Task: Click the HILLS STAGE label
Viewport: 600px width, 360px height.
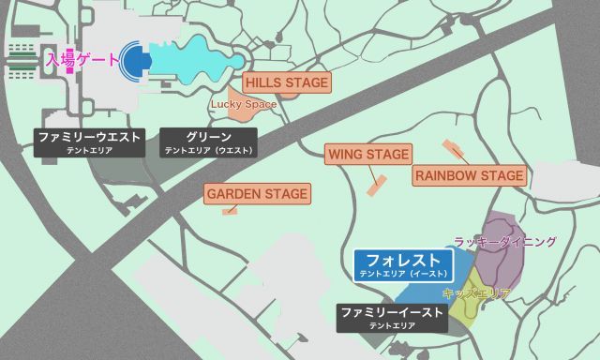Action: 287,83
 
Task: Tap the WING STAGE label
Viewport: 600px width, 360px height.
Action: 368,154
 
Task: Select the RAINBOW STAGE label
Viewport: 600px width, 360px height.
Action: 469,176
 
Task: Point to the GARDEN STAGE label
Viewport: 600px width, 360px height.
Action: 257,195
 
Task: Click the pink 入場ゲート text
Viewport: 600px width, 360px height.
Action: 82,59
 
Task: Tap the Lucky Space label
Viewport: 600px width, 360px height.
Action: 244,104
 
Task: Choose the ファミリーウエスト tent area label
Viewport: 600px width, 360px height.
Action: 90,142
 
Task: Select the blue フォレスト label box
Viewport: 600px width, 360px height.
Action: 403,264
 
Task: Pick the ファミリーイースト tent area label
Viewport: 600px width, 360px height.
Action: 391,317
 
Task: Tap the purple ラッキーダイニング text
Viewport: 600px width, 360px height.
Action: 504,242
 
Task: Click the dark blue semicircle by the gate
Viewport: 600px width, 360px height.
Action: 136,60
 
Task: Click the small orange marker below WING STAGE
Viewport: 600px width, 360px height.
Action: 377,185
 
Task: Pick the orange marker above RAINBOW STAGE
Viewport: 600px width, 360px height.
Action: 454,149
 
